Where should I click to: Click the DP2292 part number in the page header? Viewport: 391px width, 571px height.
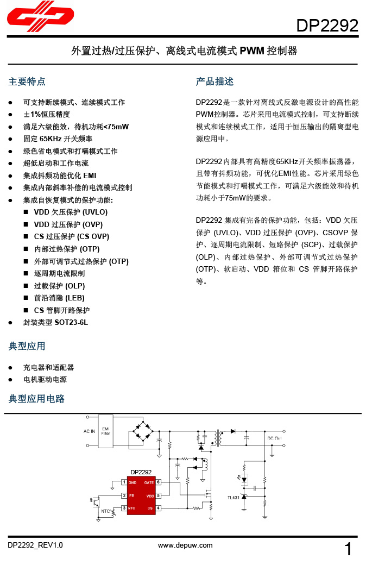click(x=327, y=25)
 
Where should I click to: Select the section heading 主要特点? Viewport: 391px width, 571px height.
click(x=27, y=81)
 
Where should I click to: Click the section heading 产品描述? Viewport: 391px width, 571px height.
click(x=215, y=81)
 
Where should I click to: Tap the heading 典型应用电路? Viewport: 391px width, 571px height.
click(x=36, y=399)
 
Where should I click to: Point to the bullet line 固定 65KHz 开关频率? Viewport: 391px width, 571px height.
click(x=58, y=139)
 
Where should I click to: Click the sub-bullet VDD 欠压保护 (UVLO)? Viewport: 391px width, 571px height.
click(x=71, y=212)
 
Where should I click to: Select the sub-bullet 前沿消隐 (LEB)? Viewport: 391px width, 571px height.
click(x=59, y=298)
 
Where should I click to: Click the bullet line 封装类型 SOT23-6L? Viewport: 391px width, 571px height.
click(x=55, y=322)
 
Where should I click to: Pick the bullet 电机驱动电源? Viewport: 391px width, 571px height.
click(x=45, y=379)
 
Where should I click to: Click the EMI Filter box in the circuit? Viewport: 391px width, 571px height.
click(x=105, y=431)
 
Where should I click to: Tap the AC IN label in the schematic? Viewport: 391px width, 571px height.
click(x=89, y=431)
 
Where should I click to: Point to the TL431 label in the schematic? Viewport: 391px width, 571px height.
click(x=233, y=497)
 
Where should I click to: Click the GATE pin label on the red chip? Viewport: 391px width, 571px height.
click(x=148, y=482)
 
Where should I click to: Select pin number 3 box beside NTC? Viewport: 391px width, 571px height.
click(x=124, y=508)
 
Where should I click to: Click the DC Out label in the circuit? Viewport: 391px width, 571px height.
click(x=274, y=438)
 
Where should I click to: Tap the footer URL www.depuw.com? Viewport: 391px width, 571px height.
click(x=185, y=545)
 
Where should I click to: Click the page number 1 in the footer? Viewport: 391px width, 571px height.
click(x=349, y=550)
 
